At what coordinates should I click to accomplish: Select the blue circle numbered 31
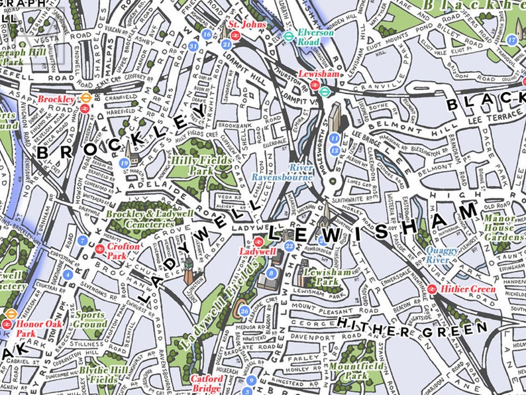coord(193,46)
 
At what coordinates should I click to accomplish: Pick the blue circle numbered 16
coord(207,34)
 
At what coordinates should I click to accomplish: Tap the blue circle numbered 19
coord(124,163)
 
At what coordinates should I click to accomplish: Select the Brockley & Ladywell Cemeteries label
coord(139,219)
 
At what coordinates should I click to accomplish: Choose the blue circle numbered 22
coord(289,246)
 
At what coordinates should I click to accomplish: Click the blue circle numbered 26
coord(244,311)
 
